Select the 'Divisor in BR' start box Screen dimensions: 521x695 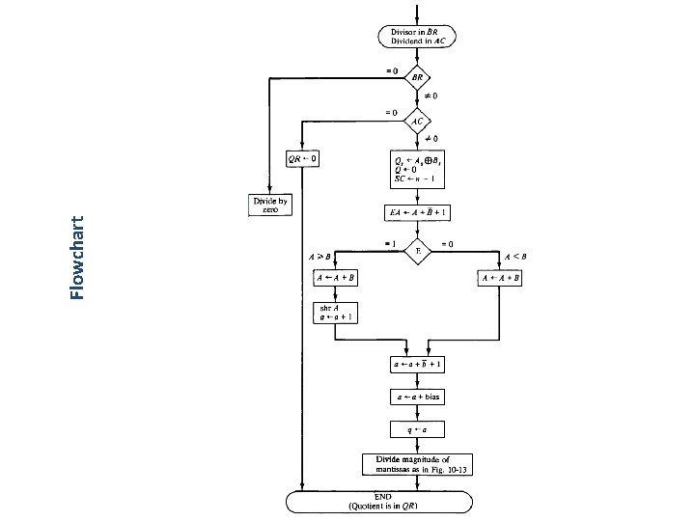[x=418, y=37]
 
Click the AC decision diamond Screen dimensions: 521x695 [x=418, y=122]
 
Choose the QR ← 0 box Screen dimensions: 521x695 [x=303, y=158]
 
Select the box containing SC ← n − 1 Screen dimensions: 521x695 [x=418, y=165]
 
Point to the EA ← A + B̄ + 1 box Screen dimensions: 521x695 [x=418, y=212]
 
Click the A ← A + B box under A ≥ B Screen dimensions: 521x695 [x=334, y=278]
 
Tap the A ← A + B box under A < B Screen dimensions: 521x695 [x=500, y=278]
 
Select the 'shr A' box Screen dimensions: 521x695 [x=334, y=312]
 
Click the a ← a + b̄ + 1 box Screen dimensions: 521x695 [x=418, y=366]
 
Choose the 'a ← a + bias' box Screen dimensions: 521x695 [x=418, y=397]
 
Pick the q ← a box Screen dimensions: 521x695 [x=418, y=427]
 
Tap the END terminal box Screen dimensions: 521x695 [x=378, y=501]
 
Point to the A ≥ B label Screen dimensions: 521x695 [x=320, y=257]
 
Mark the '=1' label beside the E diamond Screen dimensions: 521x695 [x=391, y=243]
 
